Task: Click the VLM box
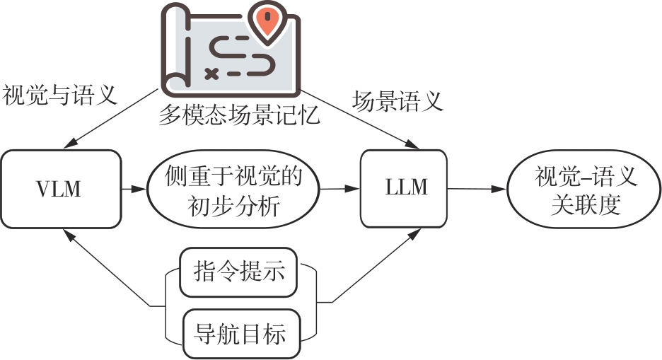(59, 189)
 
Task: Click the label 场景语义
(398, 101)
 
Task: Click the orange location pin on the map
(266, 24)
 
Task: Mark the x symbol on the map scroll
(210, 72)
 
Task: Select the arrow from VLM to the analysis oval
(132, 189)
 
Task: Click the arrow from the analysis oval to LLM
(340, 189)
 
